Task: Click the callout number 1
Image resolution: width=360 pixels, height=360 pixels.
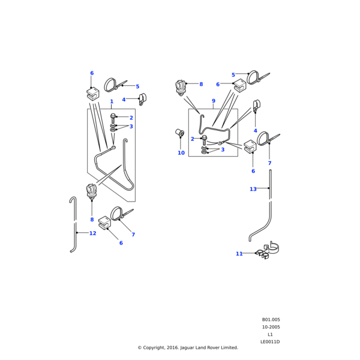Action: pyautogui.click(x=112, y=102)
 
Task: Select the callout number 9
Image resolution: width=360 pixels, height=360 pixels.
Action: pyautogui.click(x=213, y=101)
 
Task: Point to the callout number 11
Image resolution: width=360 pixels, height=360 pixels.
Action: pyautogui.click(x=239, y=254)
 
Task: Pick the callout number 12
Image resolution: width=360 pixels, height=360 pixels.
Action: pyautogui.click(x=92, y=233)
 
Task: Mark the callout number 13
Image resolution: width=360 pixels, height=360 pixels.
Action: pyautogui.click(x=253, y=189)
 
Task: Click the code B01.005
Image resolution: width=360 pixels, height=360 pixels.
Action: pyautogui.click(x=271, y=320)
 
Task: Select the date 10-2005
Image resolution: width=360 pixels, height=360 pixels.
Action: pyautogui.click(x=271, y=327)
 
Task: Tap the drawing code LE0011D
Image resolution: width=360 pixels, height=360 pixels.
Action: pyautogui.click(x=270, y=341)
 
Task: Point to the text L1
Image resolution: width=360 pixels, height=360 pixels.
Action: pyautogui.click(x=270, y=334)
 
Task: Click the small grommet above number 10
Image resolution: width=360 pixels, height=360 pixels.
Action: pyautogui.click(x=179, y=132)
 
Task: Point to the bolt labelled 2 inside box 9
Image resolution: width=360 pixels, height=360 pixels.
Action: pyautogui.click(x=205, y=138)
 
